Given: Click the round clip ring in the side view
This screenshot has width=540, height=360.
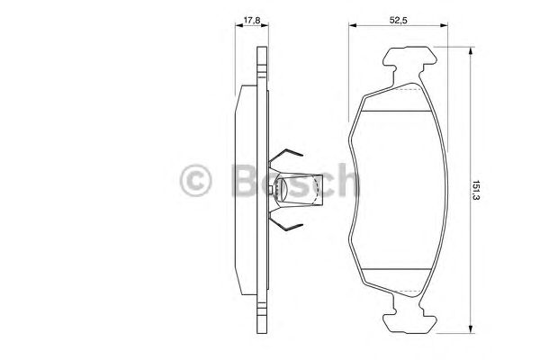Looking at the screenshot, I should [x=281, y=188].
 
